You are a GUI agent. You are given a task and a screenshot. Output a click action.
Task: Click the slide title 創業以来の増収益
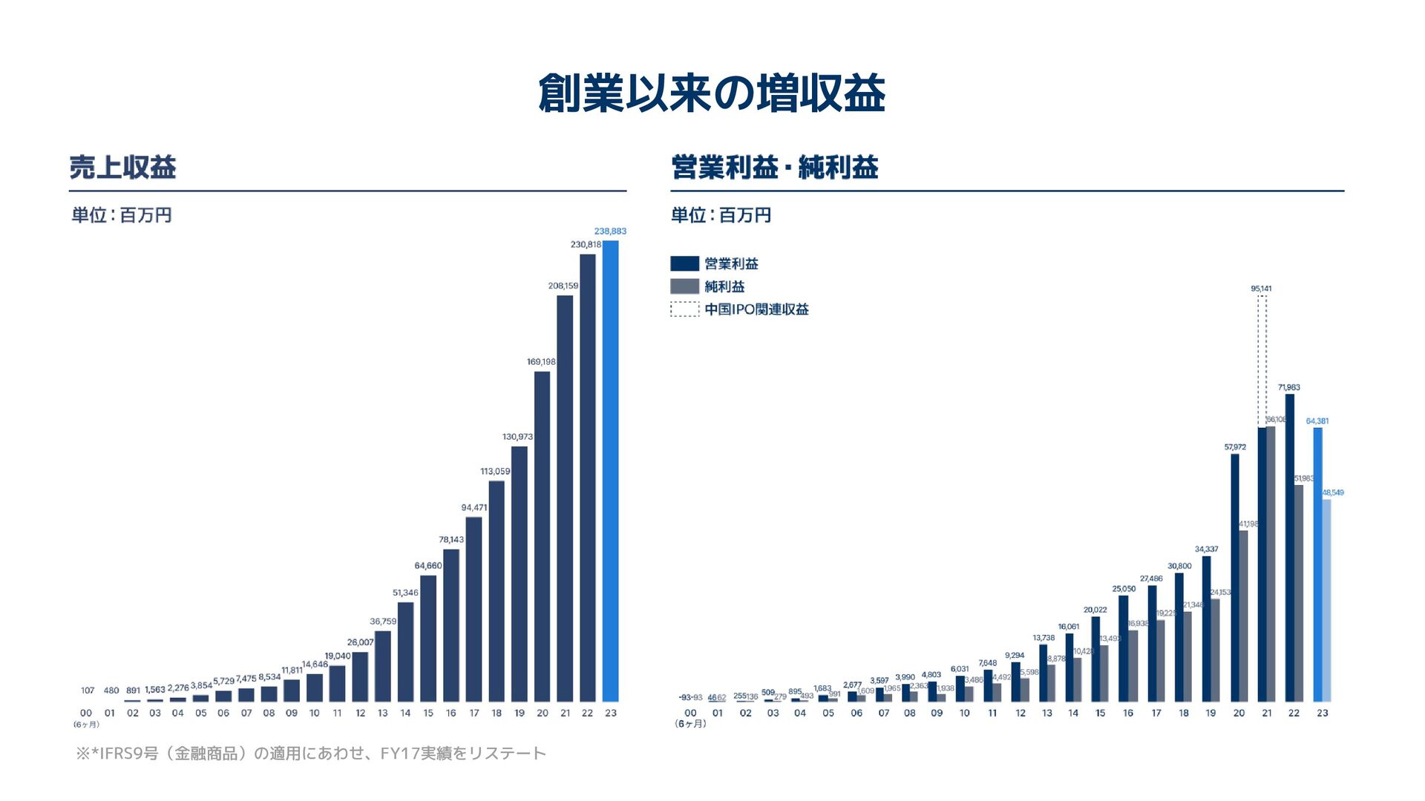point(711,93)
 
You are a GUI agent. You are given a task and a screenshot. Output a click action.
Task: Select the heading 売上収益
point(122,168)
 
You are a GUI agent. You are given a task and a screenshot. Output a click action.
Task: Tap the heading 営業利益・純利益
point(774,168)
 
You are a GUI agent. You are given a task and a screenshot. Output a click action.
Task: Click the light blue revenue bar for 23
point(610,471)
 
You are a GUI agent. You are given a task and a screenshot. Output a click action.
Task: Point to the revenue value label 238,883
point(610,231)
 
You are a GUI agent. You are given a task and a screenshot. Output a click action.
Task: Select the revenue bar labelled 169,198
point(542,536)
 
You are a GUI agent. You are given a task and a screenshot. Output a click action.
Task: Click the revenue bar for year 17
point(474,609)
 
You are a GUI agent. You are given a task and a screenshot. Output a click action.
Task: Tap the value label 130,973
point(517,437)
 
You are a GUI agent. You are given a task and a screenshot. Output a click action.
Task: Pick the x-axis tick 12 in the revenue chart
point(360,713)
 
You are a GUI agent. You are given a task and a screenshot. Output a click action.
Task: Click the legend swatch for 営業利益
point(684,264)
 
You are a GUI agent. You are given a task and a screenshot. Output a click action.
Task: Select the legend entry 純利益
point(724,287)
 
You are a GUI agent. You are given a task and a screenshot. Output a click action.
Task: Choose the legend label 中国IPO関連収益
point(756,309)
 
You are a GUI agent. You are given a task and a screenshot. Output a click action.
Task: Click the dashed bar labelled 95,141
point(1262,361)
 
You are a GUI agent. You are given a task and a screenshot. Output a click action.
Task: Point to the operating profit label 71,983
point(1288,388)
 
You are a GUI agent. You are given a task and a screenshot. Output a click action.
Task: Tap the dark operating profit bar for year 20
point(1234,577)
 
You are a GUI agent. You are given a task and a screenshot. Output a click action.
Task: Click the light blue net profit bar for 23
point(1326,600)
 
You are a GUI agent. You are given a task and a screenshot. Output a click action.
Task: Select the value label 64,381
point(1317,421)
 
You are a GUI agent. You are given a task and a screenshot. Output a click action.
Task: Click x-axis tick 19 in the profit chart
point(1211,713)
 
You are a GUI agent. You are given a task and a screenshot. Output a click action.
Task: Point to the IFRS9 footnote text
point(310,754)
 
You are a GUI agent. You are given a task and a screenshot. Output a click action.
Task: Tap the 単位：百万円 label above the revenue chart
point(122,216)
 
